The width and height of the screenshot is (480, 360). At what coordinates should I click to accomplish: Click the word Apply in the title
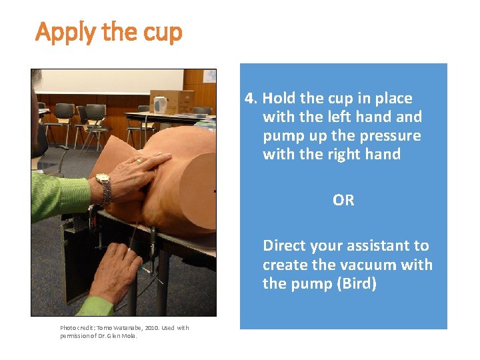(x=66, y=33)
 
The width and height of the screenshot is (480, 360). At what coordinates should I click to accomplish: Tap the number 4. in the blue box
(x=251, y=99)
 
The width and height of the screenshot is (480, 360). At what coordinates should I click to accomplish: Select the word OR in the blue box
(x=343, y=200)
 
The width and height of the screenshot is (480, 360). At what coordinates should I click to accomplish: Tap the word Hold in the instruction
(x=279, y=98)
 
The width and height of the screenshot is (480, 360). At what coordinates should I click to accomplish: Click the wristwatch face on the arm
(x=103, y=178)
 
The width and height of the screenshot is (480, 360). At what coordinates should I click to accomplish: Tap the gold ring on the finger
(x=139, y=160)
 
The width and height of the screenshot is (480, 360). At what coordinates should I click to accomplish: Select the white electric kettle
(x=160, y=105)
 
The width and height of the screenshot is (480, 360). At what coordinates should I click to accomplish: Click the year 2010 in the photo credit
(x=151, y=328)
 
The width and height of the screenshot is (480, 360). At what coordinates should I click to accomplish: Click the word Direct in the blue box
(x=285, y=245)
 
